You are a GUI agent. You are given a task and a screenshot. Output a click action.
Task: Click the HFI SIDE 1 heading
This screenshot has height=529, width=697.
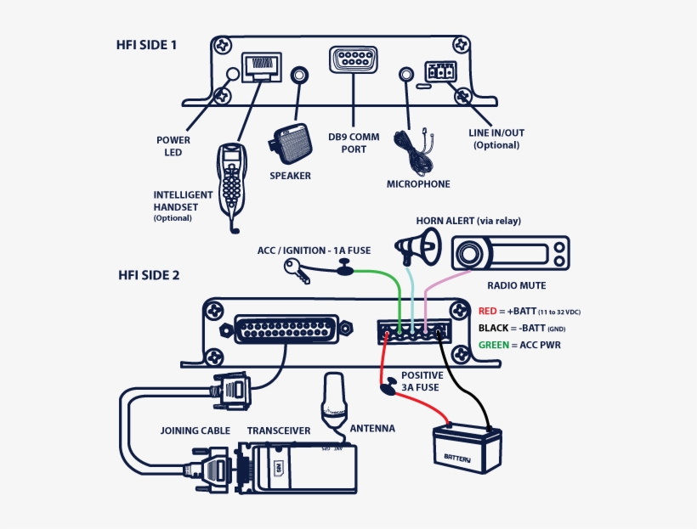146,44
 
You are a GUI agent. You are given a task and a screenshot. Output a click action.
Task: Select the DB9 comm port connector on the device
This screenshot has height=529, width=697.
352,62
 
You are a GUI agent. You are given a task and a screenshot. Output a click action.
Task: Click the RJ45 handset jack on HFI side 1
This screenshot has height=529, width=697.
261,66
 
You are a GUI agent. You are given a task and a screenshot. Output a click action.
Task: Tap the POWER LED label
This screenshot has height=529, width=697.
173,146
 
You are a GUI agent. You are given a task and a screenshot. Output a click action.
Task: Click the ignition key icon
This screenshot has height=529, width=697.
301,269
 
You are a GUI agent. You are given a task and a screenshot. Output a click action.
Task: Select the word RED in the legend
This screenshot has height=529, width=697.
487,312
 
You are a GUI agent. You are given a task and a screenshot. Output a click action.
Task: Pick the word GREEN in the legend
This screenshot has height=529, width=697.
493,345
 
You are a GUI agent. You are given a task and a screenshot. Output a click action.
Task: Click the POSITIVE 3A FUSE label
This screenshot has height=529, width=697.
422,381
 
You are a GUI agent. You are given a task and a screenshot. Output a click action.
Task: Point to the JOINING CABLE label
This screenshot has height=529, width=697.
195,431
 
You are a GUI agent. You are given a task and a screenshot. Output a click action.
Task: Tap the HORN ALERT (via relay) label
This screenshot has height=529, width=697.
467,221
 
